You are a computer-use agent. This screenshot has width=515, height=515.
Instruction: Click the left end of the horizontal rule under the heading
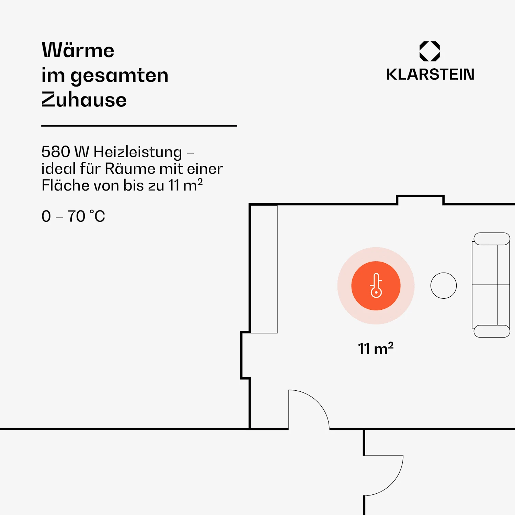pyautogui.click(x=42, y=126)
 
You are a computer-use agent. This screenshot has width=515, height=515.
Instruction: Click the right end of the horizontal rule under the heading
pyautogui.click(x=237, y=126)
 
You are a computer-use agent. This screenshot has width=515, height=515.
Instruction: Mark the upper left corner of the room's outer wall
pyautogui.click(x=250, y=204)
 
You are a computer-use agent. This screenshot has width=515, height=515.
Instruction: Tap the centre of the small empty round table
pyautogui.click(x=444, y=286)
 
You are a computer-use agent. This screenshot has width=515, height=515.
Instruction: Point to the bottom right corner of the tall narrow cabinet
pyautogui.click(x=277, y=333)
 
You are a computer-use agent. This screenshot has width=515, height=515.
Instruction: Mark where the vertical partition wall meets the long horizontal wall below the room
pyautogui.click(x=250, y=429)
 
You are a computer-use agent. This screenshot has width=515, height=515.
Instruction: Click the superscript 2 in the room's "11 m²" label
pyautogui.click(x=391, y=345)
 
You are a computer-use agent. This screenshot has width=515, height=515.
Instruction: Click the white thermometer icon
pyautogui.click(x=376, y=285)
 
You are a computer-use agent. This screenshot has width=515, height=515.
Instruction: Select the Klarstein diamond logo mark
pyautogui.click(x=430, y=51)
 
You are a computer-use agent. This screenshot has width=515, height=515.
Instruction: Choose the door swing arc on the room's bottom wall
pyautogui.click(x=309, y=410)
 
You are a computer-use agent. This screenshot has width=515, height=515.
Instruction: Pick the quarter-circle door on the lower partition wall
pyautogui.click(x=384, y=476)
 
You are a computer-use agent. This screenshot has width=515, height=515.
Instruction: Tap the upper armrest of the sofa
pyautogui.click(x=492, y=239)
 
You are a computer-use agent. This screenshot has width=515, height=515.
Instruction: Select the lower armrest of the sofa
pyautogui.click(x=492, y=331)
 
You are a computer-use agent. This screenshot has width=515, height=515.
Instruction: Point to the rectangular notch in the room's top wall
pyautogui.click(x=420, y=200)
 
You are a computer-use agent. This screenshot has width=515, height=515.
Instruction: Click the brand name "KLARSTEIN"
pyautogui.click(x=430, y=75)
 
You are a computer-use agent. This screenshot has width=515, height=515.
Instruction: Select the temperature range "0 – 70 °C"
pyautogui.click(x=73, y=216)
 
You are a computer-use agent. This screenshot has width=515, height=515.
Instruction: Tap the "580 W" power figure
pyautogui.click(x=65, y=152)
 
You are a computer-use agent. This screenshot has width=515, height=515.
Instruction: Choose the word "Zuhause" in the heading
pyautogui.click(x=84, y=100)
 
